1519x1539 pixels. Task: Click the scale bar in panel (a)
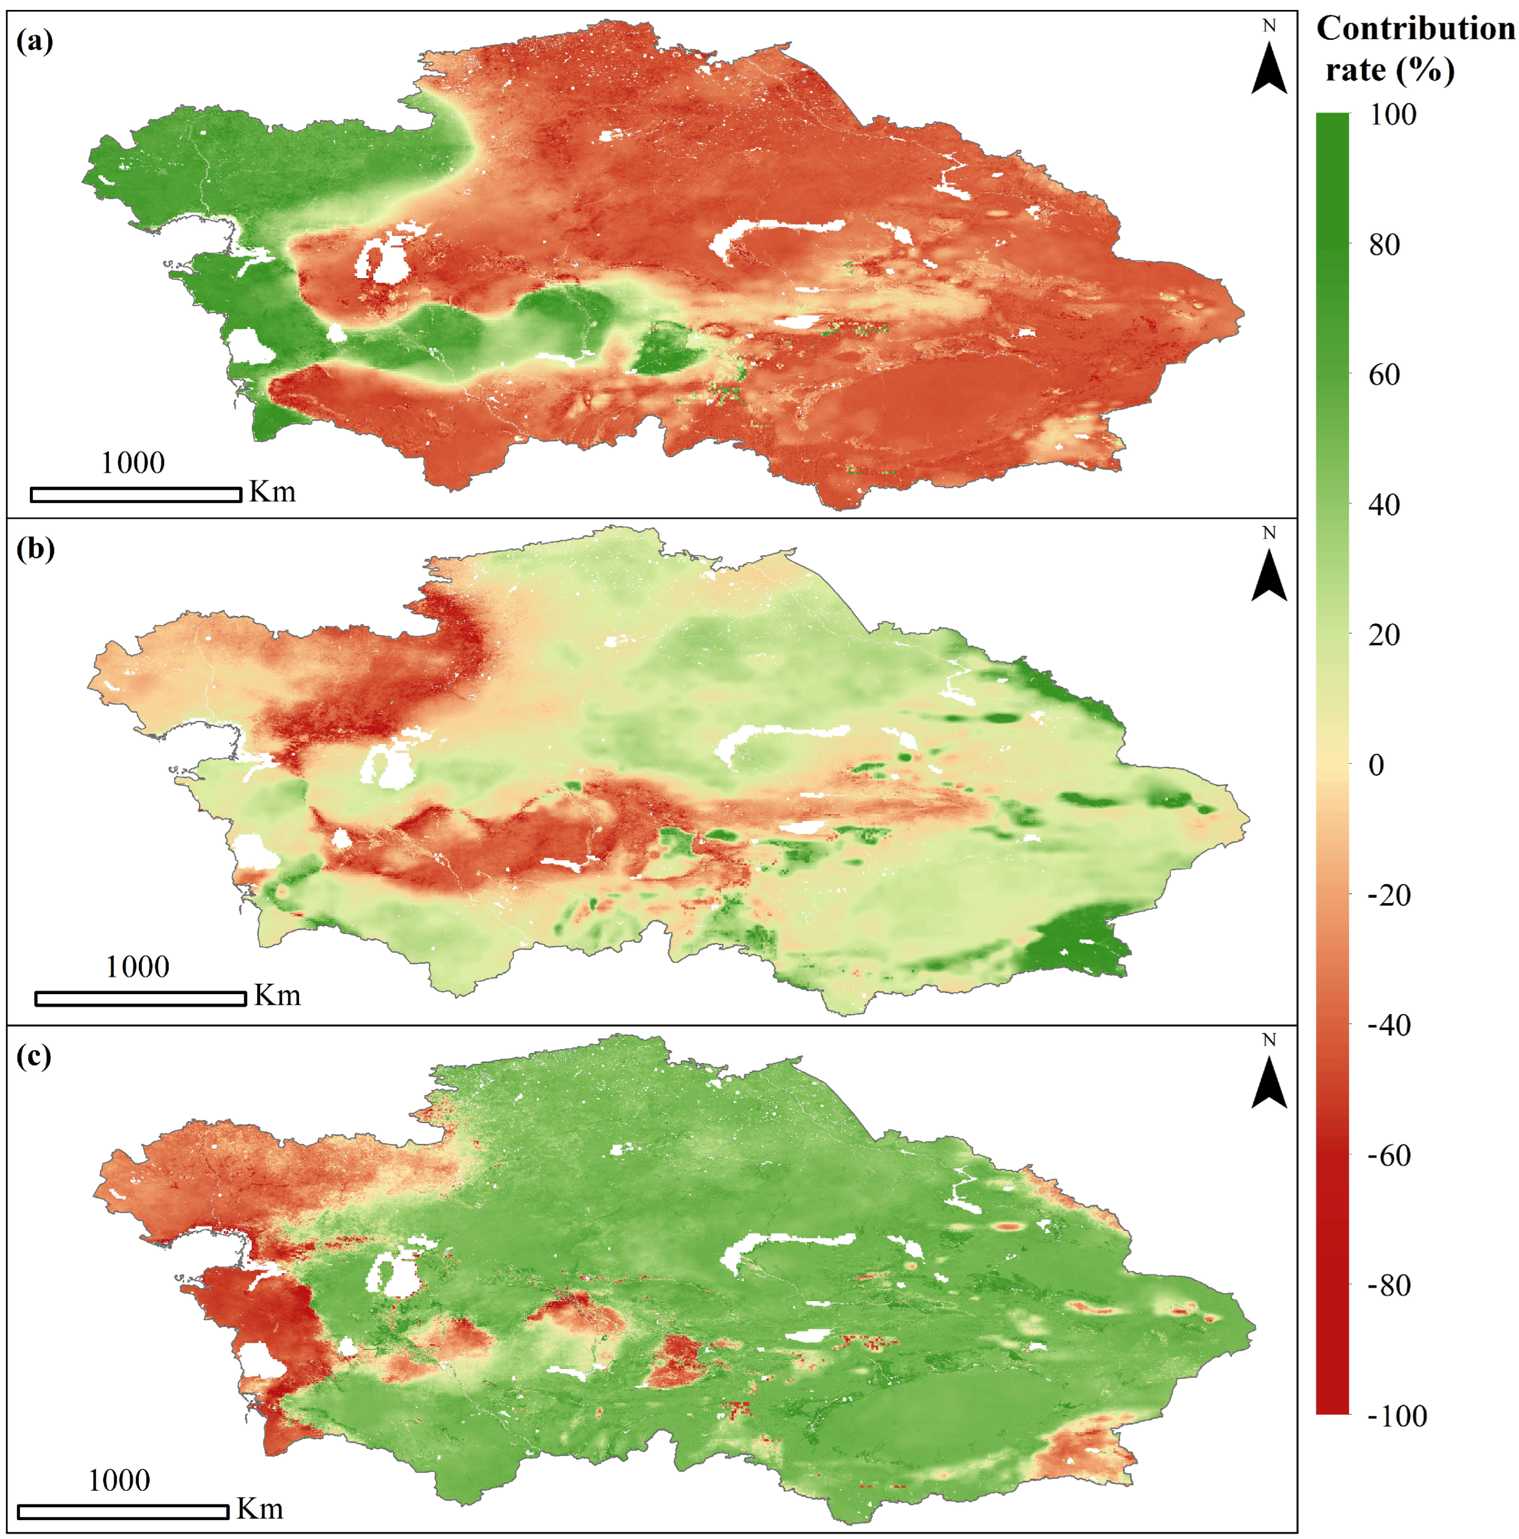(136, 494)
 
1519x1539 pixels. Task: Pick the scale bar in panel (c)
(123, 1512)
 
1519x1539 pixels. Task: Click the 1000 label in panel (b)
(138, 967)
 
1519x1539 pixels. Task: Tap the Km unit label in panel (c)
(260, 1509)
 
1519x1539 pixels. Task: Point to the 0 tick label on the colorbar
(1375, 765)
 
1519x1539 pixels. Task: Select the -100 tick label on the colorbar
(1397, 1415)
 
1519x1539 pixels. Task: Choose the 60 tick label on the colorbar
(1384, 375)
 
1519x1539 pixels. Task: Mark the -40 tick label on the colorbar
(1389, 1025)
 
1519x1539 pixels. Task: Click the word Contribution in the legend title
(1415, 29)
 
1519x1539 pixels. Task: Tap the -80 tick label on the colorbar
(1389, 1285)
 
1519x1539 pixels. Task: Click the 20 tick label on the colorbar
(1384, 635)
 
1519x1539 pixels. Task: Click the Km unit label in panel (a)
(272, 491)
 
